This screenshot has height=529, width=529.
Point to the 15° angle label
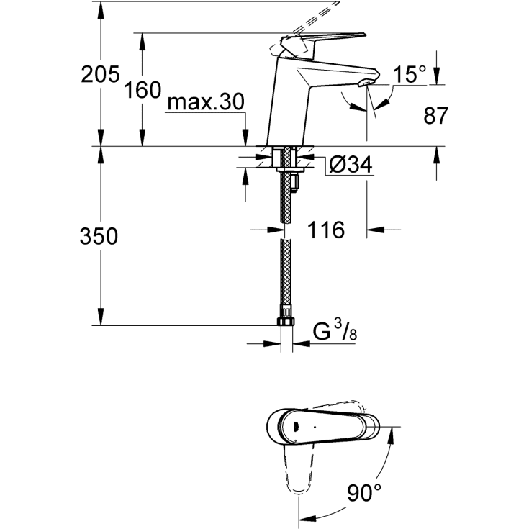tap(409, 73)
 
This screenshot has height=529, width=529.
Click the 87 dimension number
tap(435, 115)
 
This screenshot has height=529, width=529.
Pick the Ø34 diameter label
tap(351, 166)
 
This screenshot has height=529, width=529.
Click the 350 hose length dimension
tap(99, 237)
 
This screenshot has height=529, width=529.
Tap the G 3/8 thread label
tap(335, 333)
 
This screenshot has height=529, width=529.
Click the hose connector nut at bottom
tap(285, 320)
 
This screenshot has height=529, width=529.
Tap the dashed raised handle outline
tap(317, 14)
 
